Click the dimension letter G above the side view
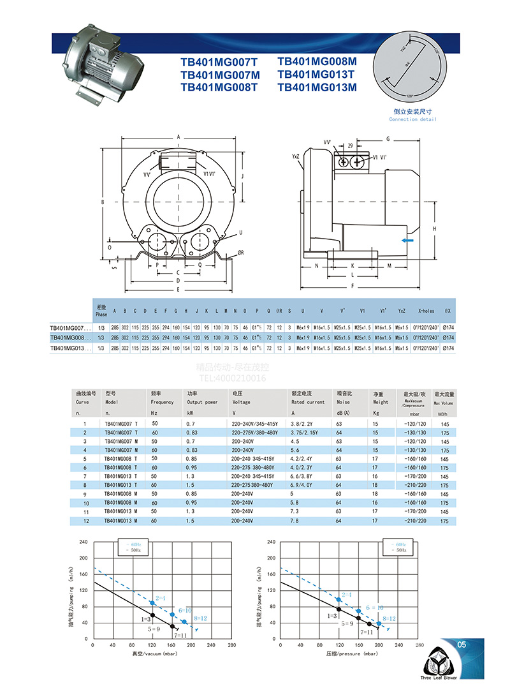388,138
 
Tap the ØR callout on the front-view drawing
240,252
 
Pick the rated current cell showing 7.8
295,521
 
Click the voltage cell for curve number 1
252,424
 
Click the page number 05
462,645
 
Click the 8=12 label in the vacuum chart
201,619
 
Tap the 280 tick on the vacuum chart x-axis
231,645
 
